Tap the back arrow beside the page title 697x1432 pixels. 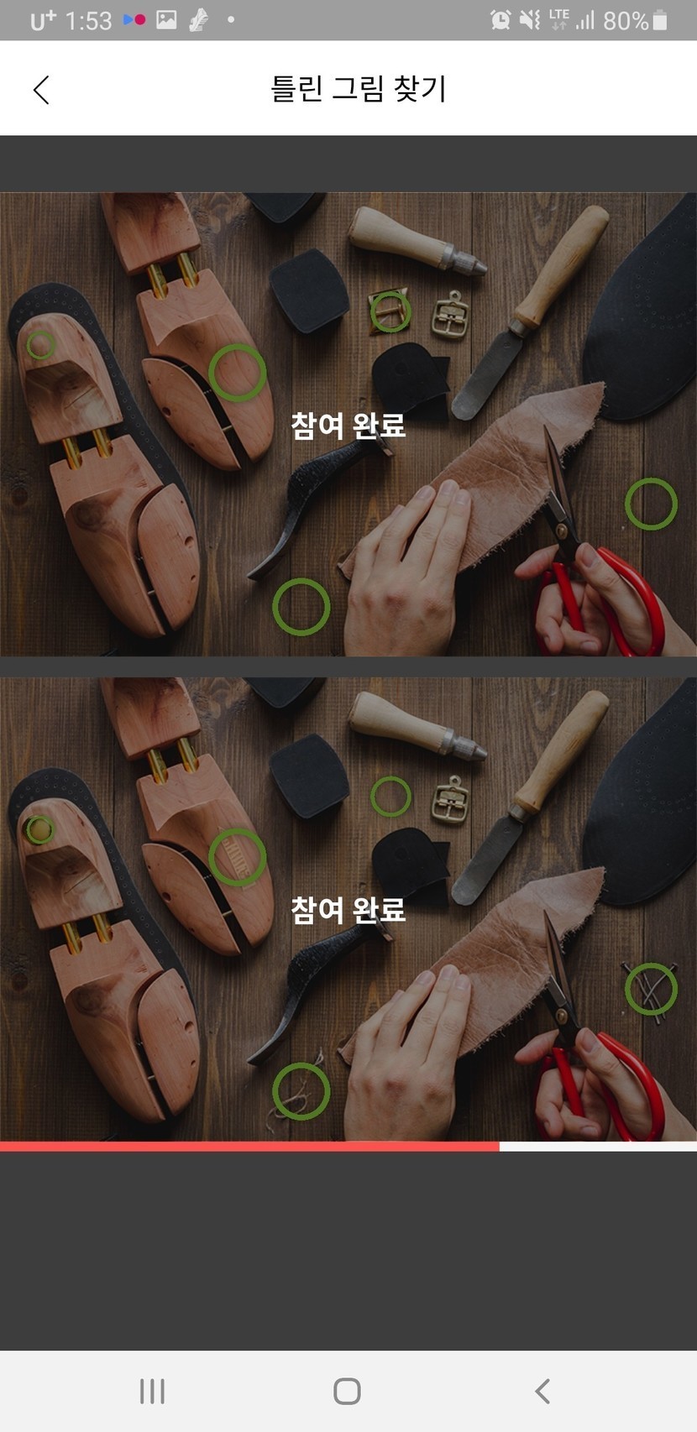[41, 90]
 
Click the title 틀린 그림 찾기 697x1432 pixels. [358, 88]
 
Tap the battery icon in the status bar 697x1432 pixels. [660, 20]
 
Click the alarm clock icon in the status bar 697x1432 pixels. [500, 20]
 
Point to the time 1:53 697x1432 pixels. [88, 21]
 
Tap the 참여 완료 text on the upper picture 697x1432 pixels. [348, 425]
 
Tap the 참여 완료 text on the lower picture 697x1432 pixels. [348, 910]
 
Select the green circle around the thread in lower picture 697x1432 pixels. [301, 1066]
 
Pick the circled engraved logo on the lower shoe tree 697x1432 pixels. [238, 830]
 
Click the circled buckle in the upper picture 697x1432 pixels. [390, 291]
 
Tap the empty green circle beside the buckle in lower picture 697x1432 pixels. [390, 776]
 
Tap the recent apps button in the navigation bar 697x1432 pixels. [152, 1390]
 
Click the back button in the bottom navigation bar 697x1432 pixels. [542, 1390]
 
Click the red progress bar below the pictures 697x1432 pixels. [249, 1147]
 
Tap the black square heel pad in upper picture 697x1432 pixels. [310, 291]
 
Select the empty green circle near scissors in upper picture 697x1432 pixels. [651, 478]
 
